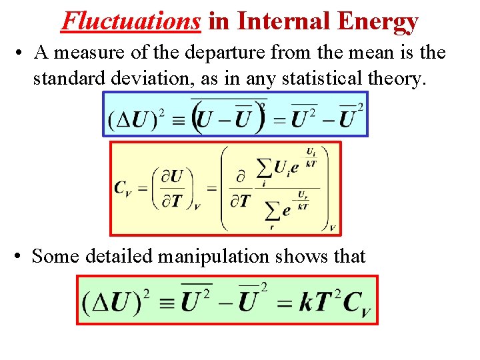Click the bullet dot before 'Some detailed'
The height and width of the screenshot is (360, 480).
pyautogui.click(x=16, y=257)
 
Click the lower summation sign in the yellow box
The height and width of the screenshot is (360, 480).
pyautogui.click(x=272, y=212)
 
